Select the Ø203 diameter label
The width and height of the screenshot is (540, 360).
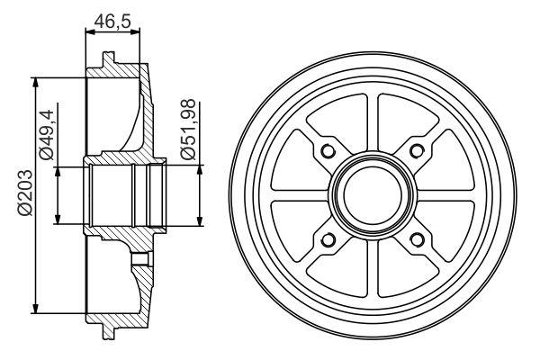(24, 193)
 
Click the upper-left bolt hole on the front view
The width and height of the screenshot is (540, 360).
(328, 150)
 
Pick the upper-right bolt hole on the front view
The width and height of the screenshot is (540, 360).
(417, 150)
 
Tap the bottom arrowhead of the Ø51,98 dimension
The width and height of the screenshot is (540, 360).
(199, 219)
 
